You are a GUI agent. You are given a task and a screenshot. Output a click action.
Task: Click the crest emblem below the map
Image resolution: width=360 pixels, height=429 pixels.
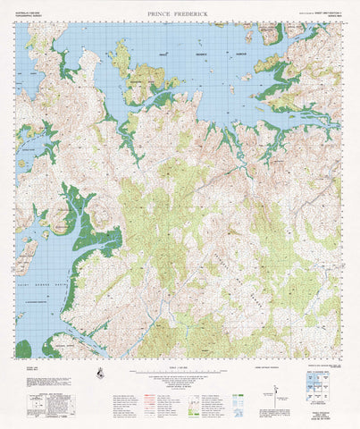tap(104, 374)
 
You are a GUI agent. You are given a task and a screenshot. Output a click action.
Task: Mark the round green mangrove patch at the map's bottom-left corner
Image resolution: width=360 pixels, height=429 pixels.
tap(23, 349)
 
